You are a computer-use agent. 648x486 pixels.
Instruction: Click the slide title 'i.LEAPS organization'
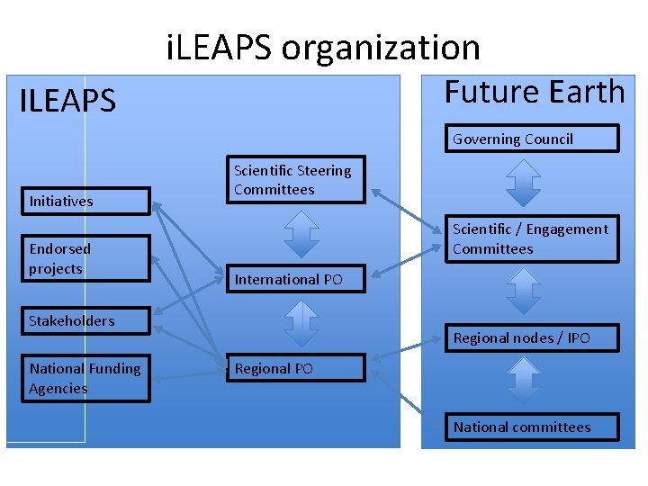tap(323, 47)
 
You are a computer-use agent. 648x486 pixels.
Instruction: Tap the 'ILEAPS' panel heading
tap(67, 101)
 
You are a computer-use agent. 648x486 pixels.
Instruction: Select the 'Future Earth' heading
tap(535, 92)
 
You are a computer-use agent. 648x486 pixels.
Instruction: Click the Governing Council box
tap(533, 139)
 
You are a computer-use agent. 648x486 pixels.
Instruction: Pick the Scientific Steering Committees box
tap(296, 180)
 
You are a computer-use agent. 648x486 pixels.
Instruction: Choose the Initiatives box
tap(87, 201)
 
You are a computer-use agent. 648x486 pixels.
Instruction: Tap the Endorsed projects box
tap(87, 258)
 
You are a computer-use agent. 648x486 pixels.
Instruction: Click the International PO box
tap(296, 279)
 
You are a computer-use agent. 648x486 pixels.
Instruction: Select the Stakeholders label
tap(72, 320)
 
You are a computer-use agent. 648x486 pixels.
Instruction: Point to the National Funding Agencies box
tap(87, 378)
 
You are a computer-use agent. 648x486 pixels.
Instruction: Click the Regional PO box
tap(296, 368)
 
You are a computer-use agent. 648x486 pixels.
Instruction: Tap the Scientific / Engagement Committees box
tap(533, 239)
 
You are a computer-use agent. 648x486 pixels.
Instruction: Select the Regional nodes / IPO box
tap(533, 337)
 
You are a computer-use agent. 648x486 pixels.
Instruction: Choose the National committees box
tap(533, 427)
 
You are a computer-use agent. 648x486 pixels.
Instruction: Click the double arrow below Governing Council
tap(523, 183)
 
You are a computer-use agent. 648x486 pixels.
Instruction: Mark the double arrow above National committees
tap(523, 380)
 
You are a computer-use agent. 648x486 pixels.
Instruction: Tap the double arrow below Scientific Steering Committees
tap(301, 234)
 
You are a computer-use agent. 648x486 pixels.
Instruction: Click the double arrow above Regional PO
tap(301, 323)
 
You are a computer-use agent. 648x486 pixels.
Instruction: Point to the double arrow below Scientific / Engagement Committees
tap(523, 291)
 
